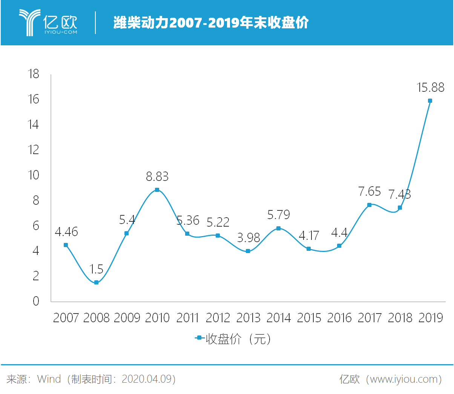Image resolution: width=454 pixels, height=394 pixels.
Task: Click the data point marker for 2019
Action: coord(430,101)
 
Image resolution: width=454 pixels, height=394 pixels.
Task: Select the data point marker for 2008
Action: coord(96,283)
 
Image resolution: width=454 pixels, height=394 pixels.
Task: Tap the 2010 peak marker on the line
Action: coord(157,190)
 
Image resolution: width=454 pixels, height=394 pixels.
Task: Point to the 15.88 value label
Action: coord(431,88)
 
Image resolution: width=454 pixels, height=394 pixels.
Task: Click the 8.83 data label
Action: coord(157,176)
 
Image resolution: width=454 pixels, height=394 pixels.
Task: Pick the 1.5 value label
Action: coord(96,269)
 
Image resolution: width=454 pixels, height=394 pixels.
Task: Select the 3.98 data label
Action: coord(248,238)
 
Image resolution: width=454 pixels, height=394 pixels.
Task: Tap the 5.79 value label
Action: coord(279,215)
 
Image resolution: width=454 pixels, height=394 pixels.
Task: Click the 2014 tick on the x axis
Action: coord(279,318)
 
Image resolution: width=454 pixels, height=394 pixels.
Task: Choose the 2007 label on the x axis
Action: coord(66,318)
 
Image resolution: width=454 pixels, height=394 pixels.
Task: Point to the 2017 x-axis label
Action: coord(370,318)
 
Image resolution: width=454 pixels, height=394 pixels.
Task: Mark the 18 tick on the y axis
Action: coord(34,74)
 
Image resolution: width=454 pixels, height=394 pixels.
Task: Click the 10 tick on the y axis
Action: coord(34,175)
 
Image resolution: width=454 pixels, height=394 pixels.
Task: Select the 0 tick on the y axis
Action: coord(36,301)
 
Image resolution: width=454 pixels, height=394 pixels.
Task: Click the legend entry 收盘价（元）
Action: coord(233,339)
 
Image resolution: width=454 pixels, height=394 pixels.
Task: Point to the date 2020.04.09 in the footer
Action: coord(147,379)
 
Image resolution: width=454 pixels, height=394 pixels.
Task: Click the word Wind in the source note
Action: coord(49,379)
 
